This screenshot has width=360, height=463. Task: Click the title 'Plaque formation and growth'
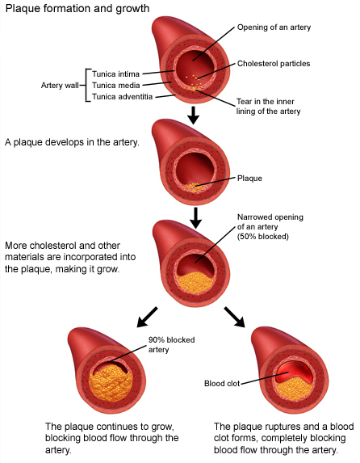77,9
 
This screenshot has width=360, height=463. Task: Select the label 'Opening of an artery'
274,27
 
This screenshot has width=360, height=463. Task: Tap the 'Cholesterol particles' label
274,64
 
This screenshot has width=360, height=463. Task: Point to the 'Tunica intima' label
115,74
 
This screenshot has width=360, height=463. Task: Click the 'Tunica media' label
115,86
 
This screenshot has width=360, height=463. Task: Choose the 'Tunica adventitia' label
122,96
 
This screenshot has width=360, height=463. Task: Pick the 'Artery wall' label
60,86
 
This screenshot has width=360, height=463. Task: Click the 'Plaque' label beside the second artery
249,179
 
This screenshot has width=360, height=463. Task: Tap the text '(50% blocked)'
263,237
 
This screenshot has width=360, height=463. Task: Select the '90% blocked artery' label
171,344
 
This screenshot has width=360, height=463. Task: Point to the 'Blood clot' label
222,384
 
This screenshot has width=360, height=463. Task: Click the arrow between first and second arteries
193,116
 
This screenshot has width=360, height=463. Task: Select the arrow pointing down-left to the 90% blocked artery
147,317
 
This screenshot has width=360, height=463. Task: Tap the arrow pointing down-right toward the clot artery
235,317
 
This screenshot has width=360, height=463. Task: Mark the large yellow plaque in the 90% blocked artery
111,383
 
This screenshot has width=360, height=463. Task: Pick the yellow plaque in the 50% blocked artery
195,282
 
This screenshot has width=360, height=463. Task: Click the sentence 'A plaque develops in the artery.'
72,143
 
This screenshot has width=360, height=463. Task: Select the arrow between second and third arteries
195,218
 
